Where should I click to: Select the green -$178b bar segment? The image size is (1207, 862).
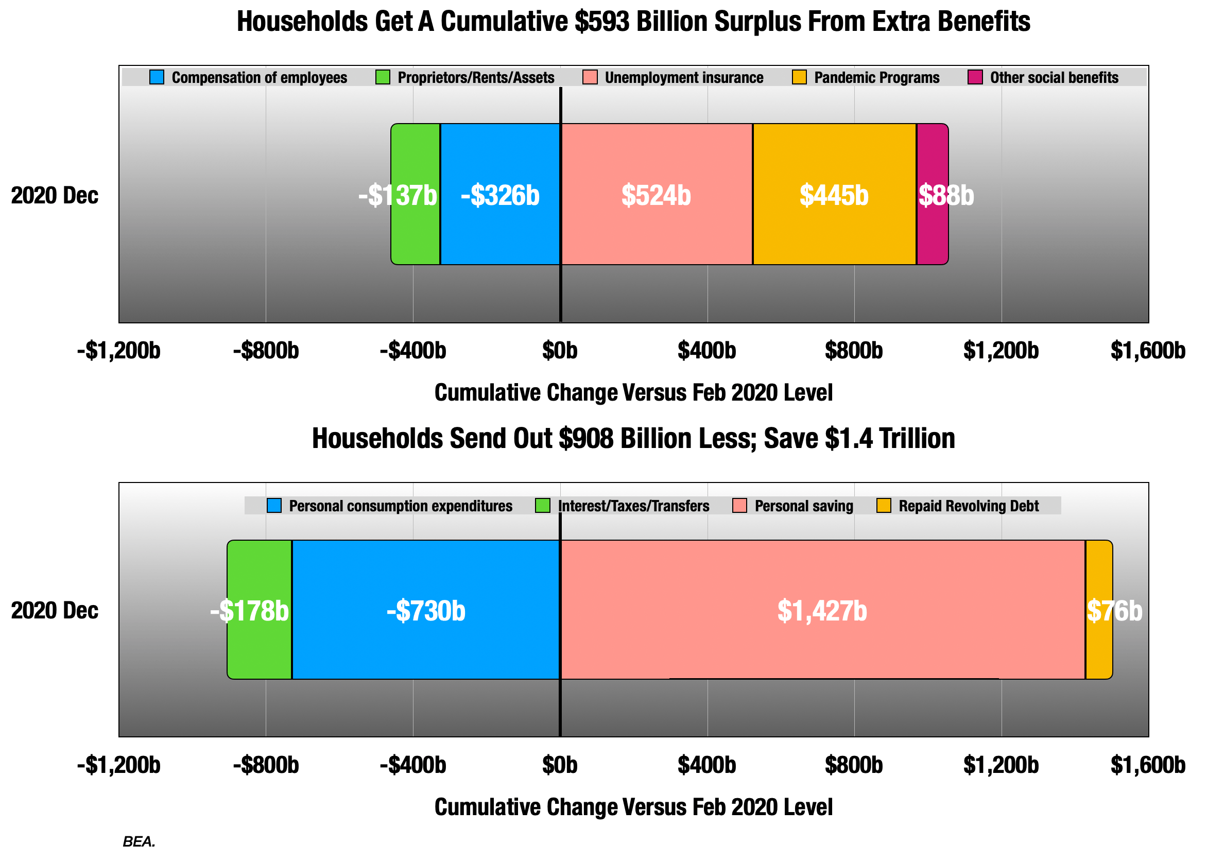coord(260,648)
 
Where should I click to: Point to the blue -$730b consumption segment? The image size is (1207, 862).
coord(426,648)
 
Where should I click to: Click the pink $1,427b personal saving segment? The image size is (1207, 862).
coord(822,648)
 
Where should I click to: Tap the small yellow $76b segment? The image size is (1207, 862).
coord(1099,648)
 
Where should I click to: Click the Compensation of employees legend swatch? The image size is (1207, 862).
coord(157,77)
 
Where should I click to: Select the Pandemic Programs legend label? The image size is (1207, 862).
coord(876,77)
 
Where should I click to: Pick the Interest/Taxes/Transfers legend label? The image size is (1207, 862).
coord(633,506)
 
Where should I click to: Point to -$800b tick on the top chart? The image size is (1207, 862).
coord(266,351)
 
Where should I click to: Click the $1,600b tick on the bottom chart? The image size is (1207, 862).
coord(1148,765)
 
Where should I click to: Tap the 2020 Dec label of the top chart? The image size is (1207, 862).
coord(55,195)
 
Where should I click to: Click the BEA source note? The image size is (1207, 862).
coord(139,842)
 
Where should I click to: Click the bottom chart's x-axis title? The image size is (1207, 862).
coord(633,807)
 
